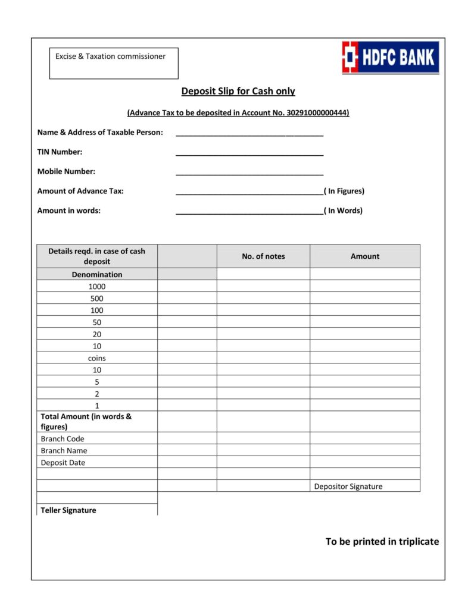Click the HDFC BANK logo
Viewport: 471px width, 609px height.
tap(390, 57)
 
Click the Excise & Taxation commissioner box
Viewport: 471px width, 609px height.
tap(113, 63)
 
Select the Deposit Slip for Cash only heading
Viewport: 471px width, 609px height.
tap(238, 91)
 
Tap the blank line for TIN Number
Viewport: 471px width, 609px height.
tap(249, 153)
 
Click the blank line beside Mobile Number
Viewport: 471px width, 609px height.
tap(249, 173)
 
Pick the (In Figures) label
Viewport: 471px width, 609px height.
tap(344, 191)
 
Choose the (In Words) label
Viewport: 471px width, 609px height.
tap(344, 211)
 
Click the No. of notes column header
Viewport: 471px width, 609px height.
tap(263, 256)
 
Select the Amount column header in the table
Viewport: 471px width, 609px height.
tap(364, 256)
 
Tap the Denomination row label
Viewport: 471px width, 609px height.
tap(97, 274)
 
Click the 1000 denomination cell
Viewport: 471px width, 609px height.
tap(97, 286)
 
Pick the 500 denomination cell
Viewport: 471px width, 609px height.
tap(97, 298)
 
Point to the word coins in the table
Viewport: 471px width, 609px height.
tap(97, 358)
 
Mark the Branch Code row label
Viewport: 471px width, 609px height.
tap(63, 438)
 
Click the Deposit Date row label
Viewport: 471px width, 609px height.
tap(63, 462)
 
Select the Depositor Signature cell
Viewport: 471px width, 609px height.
tap(348, 486)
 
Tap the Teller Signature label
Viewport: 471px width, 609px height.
tap(68, 510)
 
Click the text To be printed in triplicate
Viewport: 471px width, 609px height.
tap(382, 541)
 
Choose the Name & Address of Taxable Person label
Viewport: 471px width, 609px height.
tap(100, 132)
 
